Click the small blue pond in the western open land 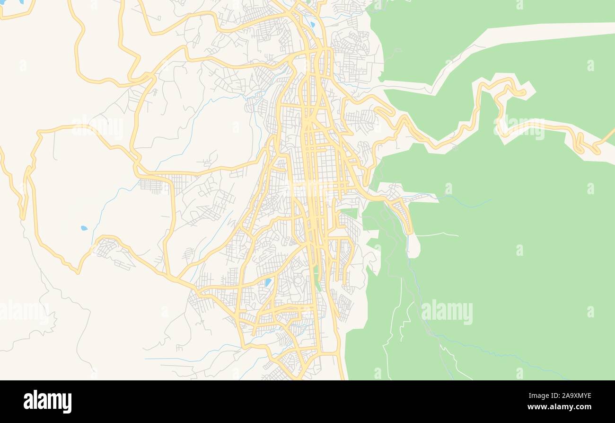click(84, 228)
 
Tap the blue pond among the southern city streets click(268, 282)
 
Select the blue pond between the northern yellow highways click(312, 24)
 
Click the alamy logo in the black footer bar click(47, 401)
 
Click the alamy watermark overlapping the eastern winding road click(519, 127)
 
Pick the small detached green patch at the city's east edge click(350, 213)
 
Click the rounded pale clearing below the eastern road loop click(413, 246)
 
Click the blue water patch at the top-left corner click(21, 1)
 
